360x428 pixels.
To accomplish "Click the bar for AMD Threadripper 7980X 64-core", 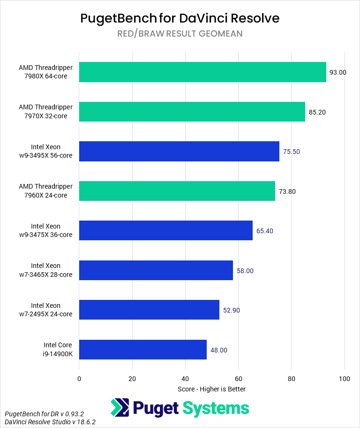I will pyautogui.click(x=202, y=72).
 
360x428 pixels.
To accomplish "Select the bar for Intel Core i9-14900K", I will pyautogui.click(x=143, y=349).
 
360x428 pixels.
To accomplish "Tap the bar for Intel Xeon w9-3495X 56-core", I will pyautogui.click(x=179, y=151).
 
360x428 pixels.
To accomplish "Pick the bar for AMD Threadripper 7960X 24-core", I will pyautogui.click(x=177, y=191).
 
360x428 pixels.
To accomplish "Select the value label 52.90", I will pyautogui.click(x=232, y=310).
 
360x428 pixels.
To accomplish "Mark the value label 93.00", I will pyautogui.click(x=338, y=72).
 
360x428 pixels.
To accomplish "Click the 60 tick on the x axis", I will pyautogui.click(x=238, y=378).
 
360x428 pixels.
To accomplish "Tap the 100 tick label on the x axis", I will pyautogui.click(x=345, y=378).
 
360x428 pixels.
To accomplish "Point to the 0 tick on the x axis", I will pyautogui.click(x=79, y=378).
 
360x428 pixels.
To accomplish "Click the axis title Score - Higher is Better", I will pyautogui.click(x=211, y=389).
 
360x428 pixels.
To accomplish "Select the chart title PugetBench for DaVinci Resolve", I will pyautogui.click(x=180, y=18).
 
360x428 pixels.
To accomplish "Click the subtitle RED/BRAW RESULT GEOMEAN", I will pyautogui.click(x=180, y=34).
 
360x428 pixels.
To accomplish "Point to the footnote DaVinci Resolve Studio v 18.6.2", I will pyautogui.click(x=50, y=422).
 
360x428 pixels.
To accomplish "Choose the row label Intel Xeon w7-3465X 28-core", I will pyautogui.click(x=52, y=270).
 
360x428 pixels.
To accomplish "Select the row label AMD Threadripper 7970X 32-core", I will pyautogui.click(x=46, y=112).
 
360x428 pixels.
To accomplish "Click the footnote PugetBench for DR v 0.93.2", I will pyautogui.click(x=45, y=414).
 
